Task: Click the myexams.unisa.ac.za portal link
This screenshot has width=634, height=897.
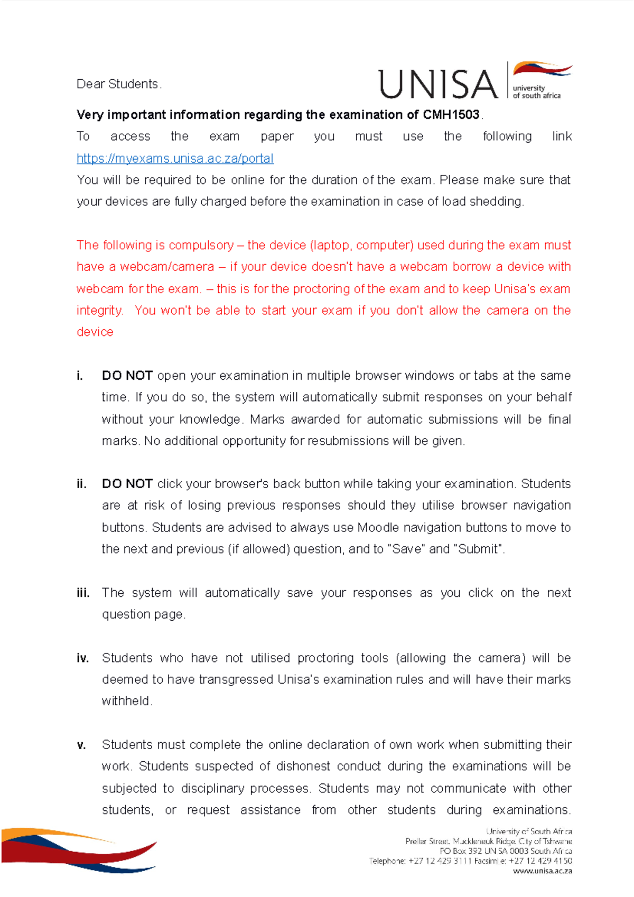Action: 175,158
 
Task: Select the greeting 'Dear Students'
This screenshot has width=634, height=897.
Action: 117,84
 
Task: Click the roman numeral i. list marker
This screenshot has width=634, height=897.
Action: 80,376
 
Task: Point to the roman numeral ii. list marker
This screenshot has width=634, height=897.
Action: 81,484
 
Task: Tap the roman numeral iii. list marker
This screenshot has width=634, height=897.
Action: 83,593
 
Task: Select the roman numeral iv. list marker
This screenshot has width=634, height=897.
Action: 82,658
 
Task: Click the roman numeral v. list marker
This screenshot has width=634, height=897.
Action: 81,745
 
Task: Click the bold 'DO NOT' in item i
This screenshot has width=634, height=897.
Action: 127,376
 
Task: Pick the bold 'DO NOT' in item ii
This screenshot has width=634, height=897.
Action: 127,484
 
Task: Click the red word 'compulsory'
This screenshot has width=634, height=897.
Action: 201,246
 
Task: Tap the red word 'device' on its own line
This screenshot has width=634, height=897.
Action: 95,332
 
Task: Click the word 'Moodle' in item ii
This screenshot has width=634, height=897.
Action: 378,528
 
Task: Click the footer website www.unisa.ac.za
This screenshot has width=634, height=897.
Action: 542,871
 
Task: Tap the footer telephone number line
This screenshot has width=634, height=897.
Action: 470,861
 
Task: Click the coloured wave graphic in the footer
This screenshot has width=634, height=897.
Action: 79,849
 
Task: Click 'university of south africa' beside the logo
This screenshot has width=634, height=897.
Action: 536,92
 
